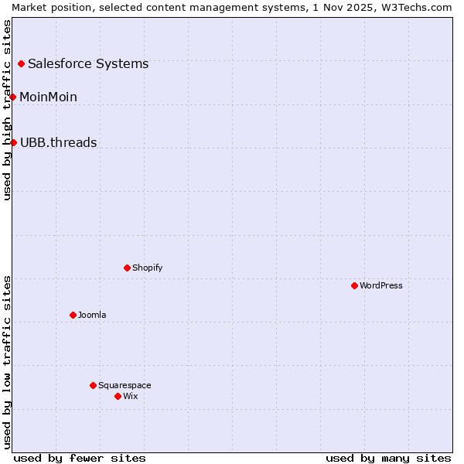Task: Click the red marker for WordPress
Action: coord(354,285)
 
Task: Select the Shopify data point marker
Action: coord(127,268)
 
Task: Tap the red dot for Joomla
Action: coord(73,315)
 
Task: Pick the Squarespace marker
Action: coord(93,385)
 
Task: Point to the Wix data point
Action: coord(118,396)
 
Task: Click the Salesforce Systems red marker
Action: coord(21,63)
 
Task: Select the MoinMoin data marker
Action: coord(13,97)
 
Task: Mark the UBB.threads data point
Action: coord(13,142)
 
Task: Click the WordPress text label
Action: coord(381,285)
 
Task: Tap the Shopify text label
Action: coord(147,268)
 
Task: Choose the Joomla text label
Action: coord(92,315)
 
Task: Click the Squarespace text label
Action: coord(125,385)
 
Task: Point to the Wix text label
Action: coord(131,396)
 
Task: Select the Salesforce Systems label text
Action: coord(88,63)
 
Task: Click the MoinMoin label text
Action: coord(48,97)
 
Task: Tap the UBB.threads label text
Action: coord(58,142)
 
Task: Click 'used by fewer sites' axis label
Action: coord(80,458)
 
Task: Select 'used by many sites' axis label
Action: coord(388,458)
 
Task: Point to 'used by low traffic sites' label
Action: coord(8,361)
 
